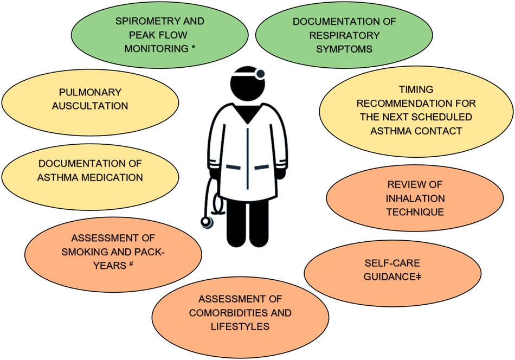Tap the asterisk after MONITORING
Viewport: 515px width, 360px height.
(194, 47)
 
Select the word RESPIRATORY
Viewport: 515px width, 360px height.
(344, 35)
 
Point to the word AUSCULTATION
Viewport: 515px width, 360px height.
(90, 106)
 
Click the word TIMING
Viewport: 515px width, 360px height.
(416, 89)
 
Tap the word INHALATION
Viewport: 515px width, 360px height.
(415, 198)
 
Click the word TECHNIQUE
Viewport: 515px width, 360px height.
(415, 212)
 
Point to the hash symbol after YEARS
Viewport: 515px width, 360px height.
(131, 263)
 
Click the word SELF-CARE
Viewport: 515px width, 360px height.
(392, 263)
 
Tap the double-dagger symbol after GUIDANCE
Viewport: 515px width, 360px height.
(419, 277)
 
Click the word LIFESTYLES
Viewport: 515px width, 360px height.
(240, 326)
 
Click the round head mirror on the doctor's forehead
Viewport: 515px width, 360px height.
(260, 74)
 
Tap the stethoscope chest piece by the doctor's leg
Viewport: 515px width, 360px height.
(207, 222)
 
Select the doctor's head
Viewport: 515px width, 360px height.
(247, 83)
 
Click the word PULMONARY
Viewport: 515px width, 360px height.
(90, 92)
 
